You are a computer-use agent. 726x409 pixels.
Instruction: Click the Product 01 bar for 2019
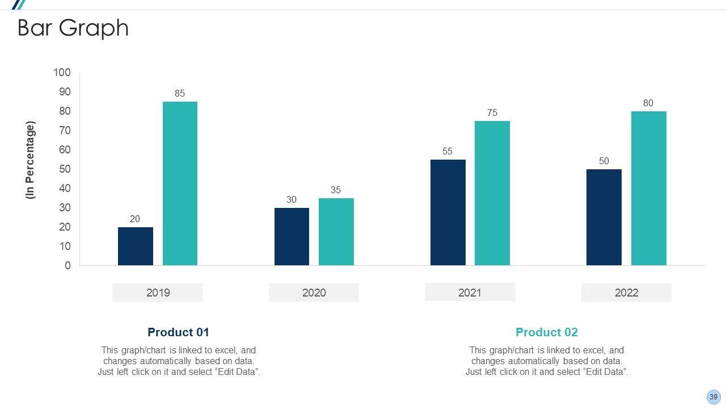coord(136,246)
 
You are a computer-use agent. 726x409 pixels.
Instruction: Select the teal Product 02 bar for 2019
coord(180,183)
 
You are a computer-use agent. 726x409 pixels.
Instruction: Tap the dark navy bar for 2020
coord(292,236)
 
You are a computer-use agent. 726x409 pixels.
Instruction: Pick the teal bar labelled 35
coord(336,232)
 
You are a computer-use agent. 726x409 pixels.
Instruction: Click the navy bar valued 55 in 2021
coord(448,212)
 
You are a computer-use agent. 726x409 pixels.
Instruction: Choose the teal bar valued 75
coord(492,193)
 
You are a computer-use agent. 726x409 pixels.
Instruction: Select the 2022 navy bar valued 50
coord(604,217)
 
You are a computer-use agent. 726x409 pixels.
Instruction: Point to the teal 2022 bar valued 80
coord(648,188)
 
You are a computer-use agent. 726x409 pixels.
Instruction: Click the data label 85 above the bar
coord(180,93)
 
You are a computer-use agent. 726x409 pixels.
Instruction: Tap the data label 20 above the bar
coord(135,219)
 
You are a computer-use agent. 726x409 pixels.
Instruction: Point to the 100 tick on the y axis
coord(62,73)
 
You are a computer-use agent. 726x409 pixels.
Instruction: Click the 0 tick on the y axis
coord(68,265)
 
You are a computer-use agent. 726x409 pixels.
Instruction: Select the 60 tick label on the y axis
coord(65,150)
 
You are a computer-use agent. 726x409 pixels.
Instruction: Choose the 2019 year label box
coord(158,293)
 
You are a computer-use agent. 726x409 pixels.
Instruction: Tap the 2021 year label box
coord(470,293)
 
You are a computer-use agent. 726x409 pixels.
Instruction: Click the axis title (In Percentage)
coord(31,160)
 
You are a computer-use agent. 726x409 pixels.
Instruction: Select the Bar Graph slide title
coord(73,28)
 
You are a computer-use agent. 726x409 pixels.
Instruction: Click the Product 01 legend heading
coord(178,332)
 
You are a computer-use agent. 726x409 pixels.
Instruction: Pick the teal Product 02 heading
coord(546,332)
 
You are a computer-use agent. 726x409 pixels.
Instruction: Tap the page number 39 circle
coord(714,397)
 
